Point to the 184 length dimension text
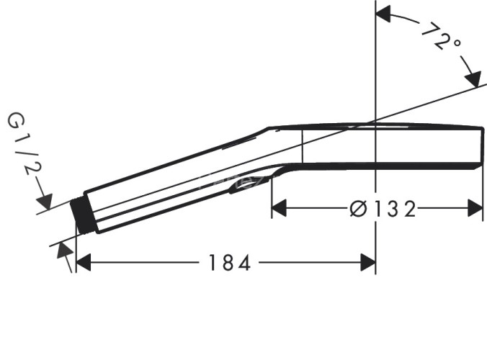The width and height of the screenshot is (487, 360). (228, 264)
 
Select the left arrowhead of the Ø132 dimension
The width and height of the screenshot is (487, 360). (278, 209)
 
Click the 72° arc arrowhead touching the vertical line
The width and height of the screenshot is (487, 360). (383, 13)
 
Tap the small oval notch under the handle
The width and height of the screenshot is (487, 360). (241, 187)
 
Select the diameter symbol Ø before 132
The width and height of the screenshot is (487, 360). (358, 209)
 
